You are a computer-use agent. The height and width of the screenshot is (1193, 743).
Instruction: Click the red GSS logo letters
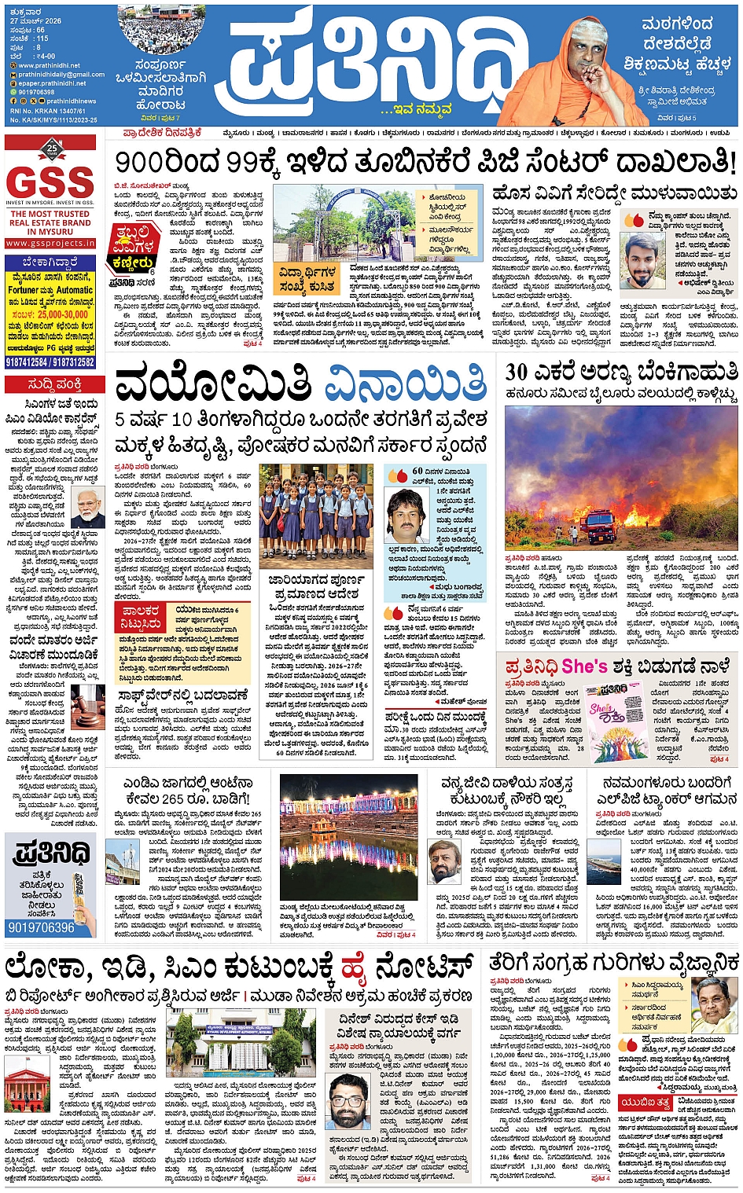point(50,182)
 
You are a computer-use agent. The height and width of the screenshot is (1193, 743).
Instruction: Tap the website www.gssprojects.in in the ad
point(50,244)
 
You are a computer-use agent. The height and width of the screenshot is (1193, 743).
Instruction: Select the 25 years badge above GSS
point(52,148)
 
